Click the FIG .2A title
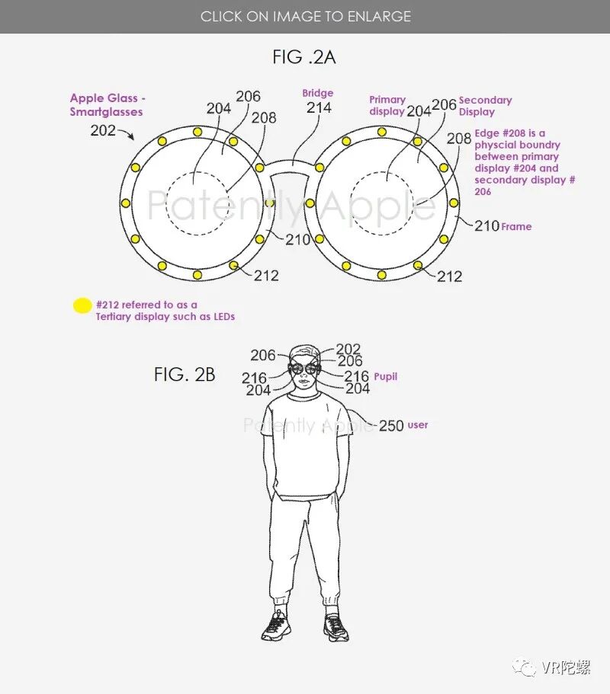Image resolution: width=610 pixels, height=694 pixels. point(304,58)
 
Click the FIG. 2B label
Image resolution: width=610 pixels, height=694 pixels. point(185,375)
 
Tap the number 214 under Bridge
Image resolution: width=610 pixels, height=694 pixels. point(319,107)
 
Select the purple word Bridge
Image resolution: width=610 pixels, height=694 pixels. point(318,93)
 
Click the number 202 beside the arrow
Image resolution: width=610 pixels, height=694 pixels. point(103,130)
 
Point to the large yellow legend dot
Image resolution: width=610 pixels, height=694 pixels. point(82,305)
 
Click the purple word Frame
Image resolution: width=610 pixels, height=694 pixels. point(516,226)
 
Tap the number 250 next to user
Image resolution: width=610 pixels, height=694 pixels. point(391,426)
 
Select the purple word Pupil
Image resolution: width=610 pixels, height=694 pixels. point(385,376)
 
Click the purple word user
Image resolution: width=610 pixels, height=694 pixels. point(418,425)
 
